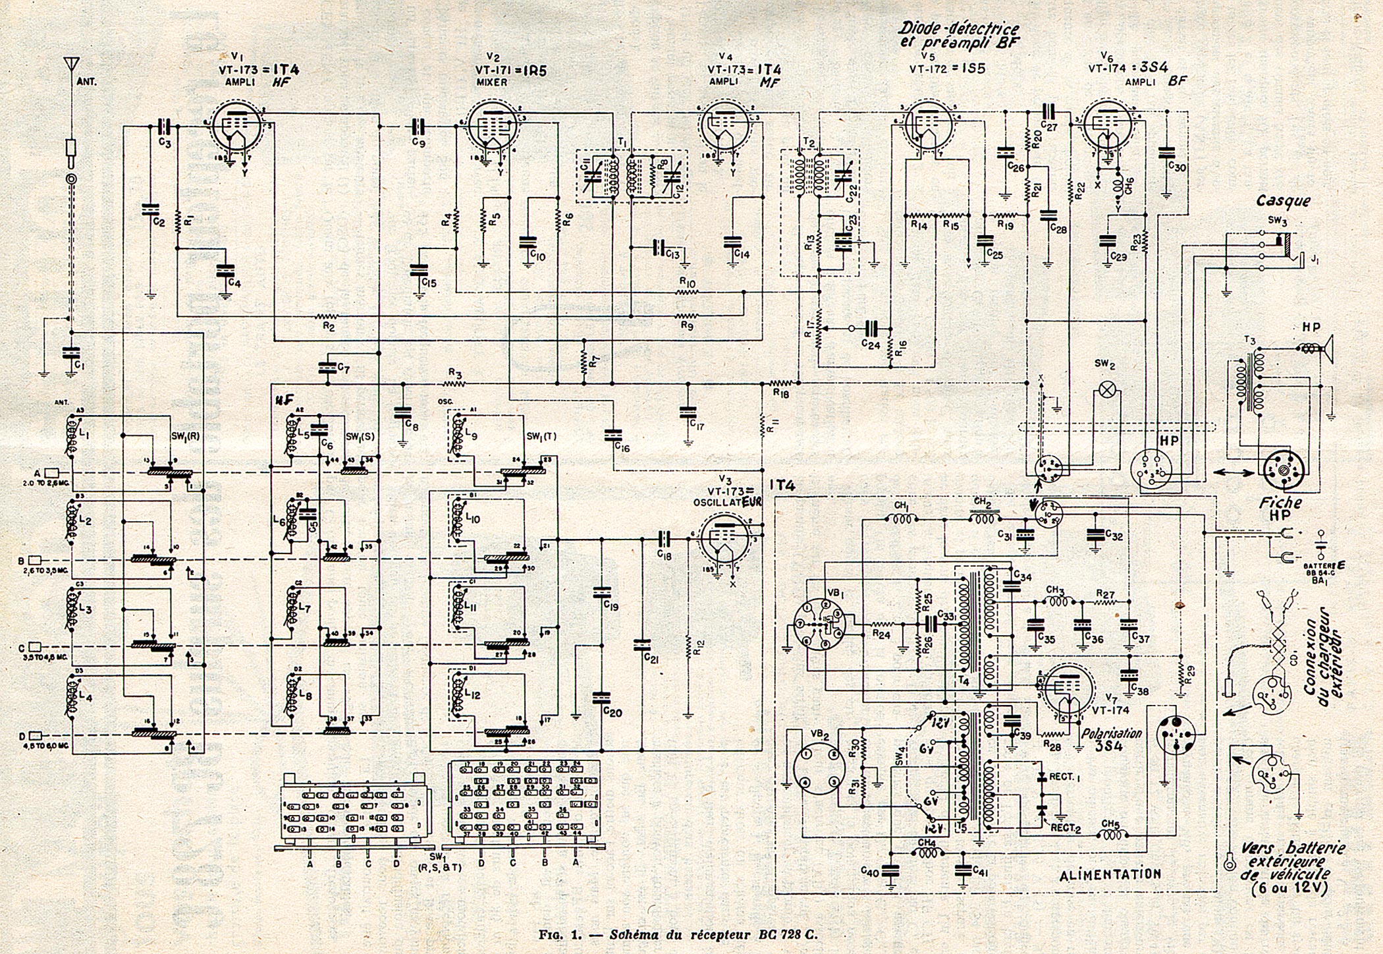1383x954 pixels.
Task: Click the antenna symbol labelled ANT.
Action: (x=71, y=67)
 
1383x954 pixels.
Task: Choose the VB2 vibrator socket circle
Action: (x=817, y=768)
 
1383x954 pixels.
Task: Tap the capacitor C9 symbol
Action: (x=417, y=125)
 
